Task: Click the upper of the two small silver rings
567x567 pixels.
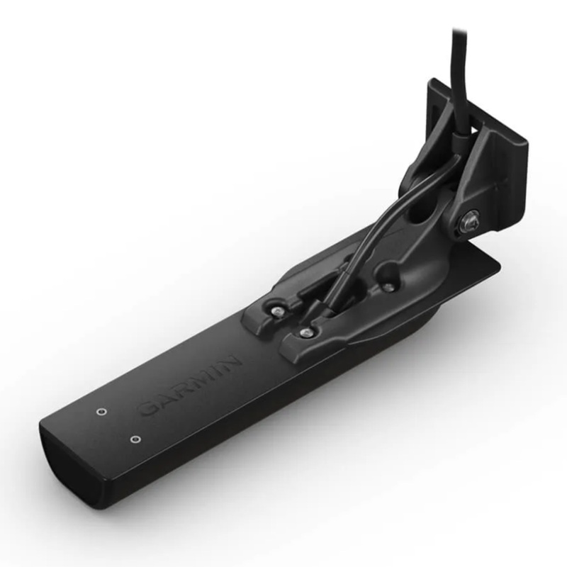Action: click(x=101, y=411)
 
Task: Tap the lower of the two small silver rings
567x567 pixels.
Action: click(x=133, y=439)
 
